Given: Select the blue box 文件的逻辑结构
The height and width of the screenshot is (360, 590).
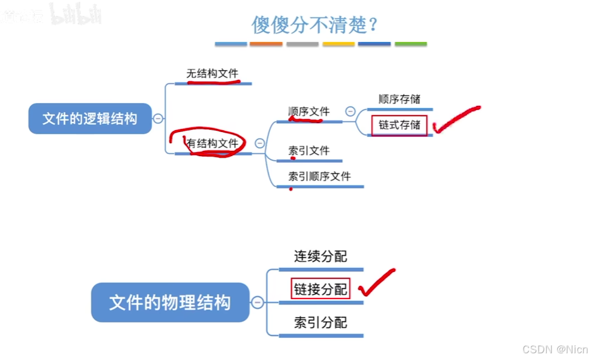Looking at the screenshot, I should click(x=90, y=119).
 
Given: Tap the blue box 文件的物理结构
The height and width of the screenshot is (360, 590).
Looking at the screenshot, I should click(x=170, y=302).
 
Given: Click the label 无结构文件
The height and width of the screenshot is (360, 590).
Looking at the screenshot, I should click(x=212, y=74).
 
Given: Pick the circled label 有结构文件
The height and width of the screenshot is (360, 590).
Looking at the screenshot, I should click(x=212, y=144).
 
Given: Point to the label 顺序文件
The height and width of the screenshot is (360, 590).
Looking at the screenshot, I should click(x=309, y=112).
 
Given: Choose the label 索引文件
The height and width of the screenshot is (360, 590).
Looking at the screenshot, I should click(x=309, y=150).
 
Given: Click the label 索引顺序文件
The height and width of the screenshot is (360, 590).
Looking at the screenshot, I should click(x=320, y=177).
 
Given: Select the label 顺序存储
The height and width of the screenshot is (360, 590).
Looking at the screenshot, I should click(x=399, y=99).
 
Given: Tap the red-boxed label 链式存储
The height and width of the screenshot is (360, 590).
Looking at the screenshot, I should click(x=399, y=125).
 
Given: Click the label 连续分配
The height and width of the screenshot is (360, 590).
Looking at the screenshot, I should click(x=320, y=256).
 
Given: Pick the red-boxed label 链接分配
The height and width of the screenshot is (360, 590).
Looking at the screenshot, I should click(x=320, y=289).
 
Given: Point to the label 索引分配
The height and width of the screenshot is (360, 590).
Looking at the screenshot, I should click(x=320, y=322).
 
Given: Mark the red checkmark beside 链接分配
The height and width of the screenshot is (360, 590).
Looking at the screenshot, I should click(x=376, y=283).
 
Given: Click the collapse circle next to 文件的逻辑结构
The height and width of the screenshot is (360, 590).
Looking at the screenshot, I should click(x=158, y=119).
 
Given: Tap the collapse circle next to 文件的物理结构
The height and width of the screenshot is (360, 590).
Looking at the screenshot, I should click(x=258, y=302).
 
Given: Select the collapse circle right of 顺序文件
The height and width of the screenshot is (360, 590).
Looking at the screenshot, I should click(x=350, y=111).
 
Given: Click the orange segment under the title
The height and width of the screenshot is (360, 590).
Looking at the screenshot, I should click(x=266, y=44).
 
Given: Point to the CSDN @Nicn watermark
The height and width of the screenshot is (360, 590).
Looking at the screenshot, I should click(x=555, y=349).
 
